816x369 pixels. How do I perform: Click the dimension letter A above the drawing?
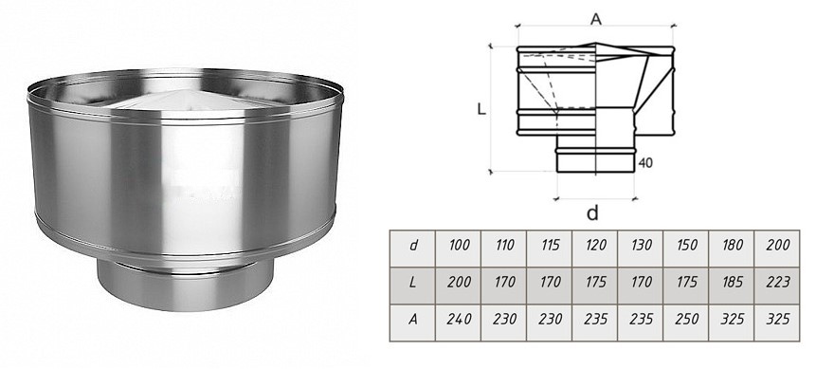coord(596,19)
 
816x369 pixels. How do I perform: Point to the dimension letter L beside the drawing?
coord(481,110)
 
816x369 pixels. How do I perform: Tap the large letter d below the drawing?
coord(592,212)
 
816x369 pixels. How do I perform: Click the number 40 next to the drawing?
coord(644,163)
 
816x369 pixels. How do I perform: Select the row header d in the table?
coord(412,245)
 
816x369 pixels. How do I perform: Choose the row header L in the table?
coord(412,282)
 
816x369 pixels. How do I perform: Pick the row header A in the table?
coord(412,319)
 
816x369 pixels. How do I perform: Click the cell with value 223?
coord(778,282)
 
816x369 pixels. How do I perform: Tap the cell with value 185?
coord(733,282)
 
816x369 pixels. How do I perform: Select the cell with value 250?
coord(686,319)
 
